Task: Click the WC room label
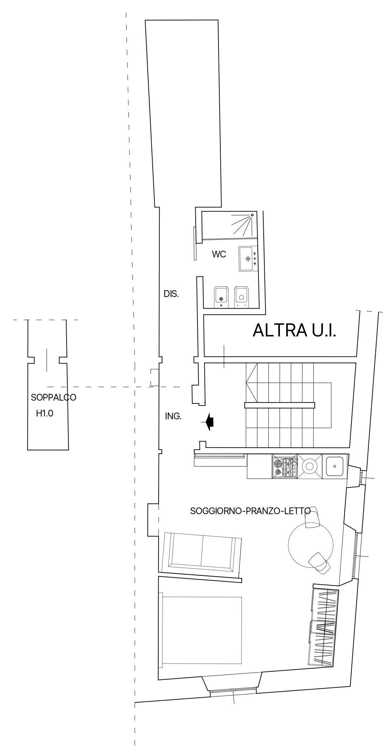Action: point(219,254)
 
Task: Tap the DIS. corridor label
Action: point(171,294)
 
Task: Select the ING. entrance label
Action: point(173,416)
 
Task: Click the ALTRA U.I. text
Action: point(294,330)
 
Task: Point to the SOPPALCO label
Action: point(54,397)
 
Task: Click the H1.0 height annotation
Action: point(45,413)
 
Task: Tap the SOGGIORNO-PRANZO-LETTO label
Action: point(250,511)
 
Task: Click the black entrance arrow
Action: point(209,422)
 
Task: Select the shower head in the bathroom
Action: point(252,215)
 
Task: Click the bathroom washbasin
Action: point(248,259)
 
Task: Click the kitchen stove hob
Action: point(284,466)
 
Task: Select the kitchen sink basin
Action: point(335,466)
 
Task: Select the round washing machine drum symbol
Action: point(310,466)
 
